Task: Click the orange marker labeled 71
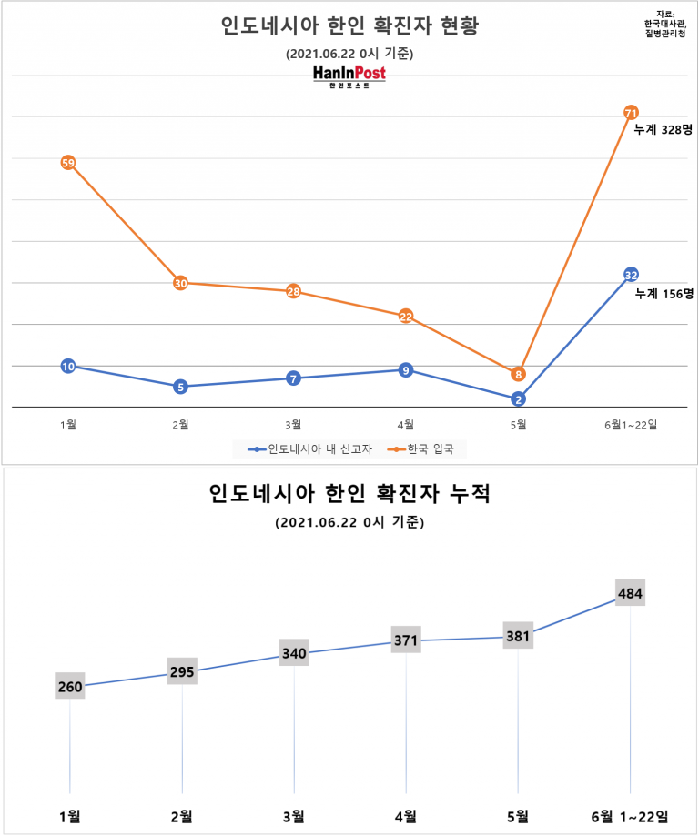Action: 631,113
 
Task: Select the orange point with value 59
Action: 68,163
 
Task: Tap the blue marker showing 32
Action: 631,275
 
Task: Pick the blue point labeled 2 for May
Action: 518,398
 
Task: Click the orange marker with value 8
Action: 518,374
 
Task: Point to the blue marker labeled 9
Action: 406,369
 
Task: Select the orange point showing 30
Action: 181,283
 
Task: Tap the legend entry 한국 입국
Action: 427,448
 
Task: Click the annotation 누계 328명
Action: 664,130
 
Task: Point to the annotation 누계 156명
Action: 664,294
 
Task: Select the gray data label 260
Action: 69,687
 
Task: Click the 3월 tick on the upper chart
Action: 293,423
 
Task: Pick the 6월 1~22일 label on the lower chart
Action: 631,815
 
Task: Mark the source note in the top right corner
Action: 664,23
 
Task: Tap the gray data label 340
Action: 294,653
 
